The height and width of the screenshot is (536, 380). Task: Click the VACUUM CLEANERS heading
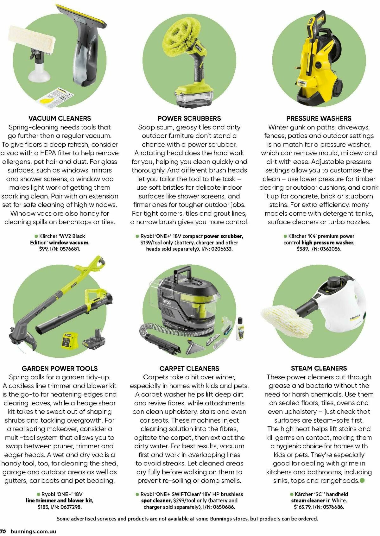60,118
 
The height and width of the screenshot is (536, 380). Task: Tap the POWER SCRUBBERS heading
189,118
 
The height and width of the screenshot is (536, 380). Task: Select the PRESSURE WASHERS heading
319,118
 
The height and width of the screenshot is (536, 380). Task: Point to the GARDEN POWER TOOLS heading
60,368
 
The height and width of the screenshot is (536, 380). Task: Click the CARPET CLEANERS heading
189,368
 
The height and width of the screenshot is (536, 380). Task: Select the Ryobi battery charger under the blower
70,341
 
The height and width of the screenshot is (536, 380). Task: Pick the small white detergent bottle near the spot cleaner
239,329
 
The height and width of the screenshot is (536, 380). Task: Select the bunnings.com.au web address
34,532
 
